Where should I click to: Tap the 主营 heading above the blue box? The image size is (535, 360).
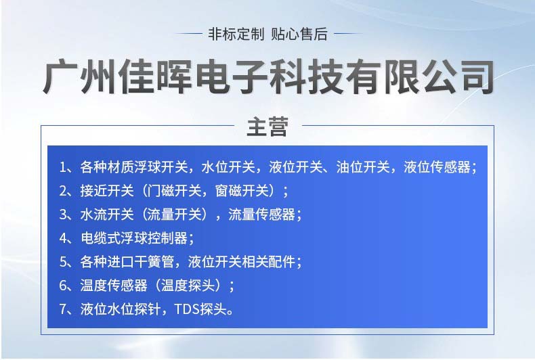pos(267,127)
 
